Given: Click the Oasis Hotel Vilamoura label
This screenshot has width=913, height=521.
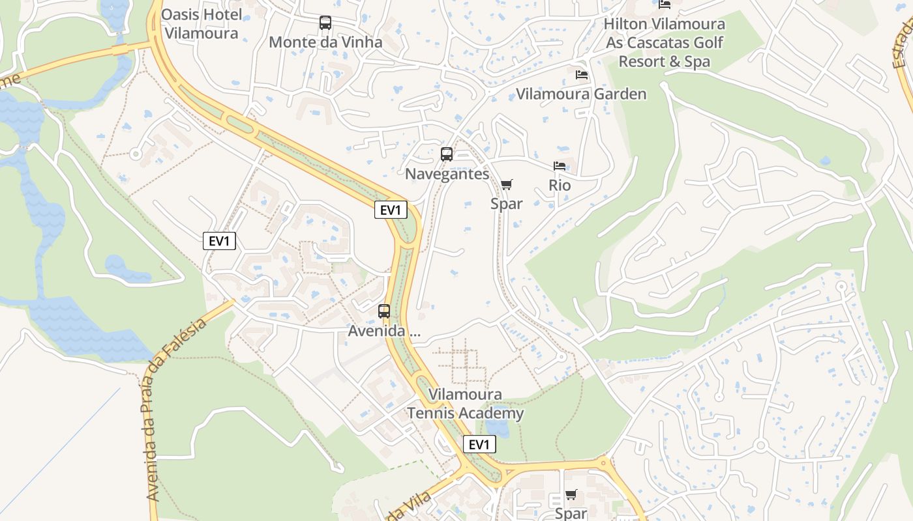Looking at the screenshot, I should coord(202,23).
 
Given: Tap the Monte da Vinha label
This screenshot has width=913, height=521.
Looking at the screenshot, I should coord(325,42).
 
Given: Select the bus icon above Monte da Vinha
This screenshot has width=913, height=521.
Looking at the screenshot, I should coord(325,23).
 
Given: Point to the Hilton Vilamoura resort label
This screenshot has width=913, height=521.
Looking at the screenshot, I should coord(665,43).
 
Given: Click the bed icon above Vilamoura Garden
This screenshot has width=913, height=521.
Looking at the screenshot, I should coord(582,75).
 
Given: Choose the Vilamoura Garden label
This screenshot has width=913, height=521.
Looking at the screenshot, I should coord(581,94).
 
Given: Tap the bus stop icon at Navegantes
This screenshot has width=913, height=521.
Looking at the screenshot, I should coord(447,154).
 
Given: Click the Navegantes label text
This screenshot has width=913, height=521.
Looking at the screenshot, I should coord(447,174).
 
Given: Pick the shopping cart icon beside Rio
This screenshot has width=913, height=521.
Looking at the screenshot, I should coord(507,184).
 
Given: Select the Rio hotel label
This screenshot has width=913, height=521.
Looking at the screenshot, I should coord(560,185).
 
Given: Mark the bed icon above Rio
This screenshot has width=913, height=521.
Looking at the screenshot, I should coord(560,166).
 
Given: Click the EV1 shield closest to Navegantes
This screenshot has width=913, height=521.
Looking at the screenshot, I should coord(391,210).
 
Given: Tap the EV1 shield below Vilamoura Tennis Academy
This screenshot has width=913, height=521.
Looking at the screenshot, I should coord(479,445).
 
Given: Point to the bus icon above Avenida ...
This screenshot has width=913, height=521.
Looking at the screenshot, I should coord(384,311).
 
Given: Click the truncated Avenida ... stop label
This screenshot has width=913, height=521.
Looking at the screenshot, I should coord(384,331).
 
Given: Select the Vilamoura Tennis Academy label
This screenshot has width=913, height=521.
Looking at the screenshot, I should coord(466,404).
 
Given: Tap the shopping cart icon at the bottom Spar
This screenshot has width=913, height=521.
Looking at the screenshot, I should coord(571,494).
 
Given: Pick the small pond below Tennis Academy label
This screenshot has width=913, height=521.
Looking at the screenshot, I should coord(498,427).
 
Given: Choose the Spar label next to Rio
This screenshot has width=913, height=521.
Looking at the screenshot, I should coord(507,204).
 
